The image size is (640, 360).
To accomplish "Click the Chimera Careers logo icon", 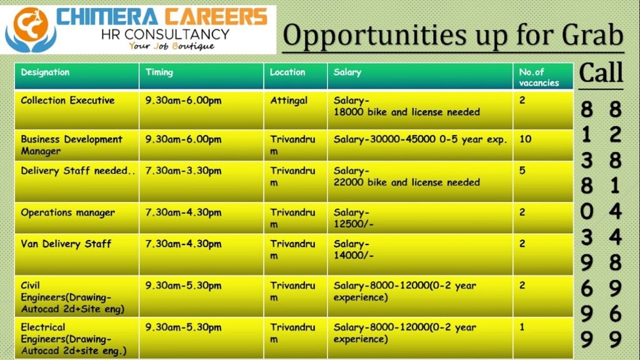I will [x=30, y=30].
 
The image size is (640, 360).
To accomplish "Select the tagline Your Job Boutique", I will [x=171, y=46].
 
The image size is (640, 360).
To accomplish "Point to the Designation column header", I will [x=45, y=72].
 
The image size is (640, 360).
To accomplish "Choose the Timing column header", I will [x=159, y=72].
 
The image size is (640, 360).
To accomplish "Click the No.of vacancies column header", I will [x=538, y=77].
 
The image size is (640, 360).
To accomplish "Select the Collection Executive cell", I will [x=67, y=101].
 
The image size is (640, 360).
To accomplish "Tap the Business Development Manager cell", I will [x=71, y=145].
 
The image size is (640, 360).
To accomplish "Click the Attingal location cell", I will [x=289, y=101].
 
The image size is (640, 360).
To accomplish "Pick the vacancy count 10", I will [x=525, y=139].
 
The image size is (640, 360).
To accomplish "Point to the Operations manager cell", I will [x=67, y=212].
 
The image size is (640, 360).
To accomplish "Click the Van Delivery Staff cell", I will [x=66, y=244].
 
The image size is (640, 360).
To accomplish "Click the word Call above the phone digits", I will [x=601, y=72].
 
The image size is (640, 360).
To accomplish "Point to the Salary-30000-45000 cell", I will [x=420, y=139].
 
